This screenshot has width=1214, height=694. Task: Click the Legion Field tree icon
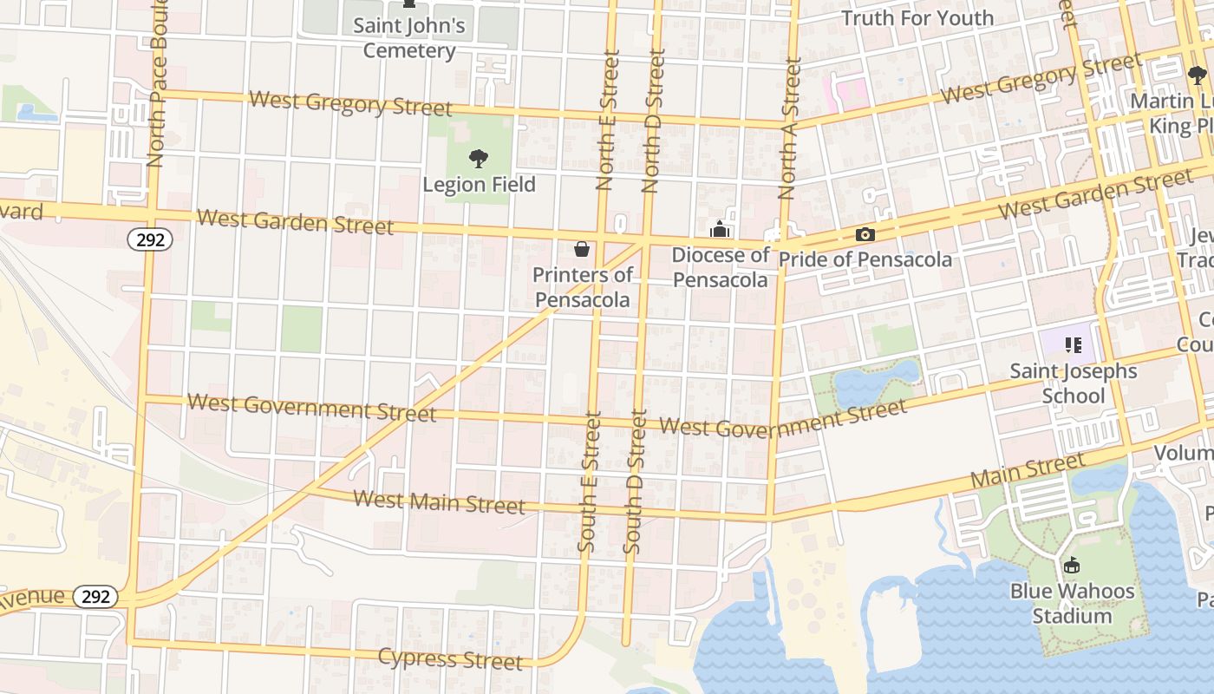[x=478, y=159]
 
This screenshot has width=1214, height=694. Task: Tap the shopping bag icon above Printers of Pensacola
[x=582, y=250]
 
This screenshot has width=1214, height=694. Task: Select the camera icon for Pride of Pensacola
[x=865, y=234]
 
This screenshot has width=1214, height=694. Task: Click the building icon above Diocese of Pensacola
[x=719, y=230]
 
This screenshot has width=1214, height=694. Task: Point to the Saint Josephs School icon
[x=1074, y=345]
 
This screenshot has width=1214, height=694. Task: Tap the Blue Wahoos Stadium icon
[x=1072, y=566]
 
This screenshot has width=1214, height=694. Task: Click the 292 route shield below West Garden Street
[x=150, y=239]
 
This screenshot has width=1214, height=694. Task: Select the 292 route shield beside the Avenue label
[x=95, y=597]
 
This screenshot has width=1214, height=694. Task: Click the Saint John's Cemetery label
[x=408, y=38]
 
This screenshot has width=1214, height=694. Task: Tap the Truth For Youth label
[x=917, y=17]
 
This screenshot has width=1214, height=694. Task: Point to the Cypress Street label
[x=450, y=658]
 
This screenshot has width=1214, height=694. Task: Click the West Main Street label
[x=440, y=501]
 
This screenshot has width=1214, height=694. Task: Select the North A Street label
[x=789, y=128]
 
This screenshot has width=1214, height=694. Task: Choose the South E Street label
[x=589, y=481]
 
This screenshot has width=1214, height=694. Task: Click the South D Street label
[x=635, y=481]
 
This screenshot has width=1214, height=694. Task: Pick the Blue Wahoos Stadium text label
[x=1072, y=604]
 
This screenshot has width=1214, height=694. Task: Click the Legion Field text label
[x=479, y=185]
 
